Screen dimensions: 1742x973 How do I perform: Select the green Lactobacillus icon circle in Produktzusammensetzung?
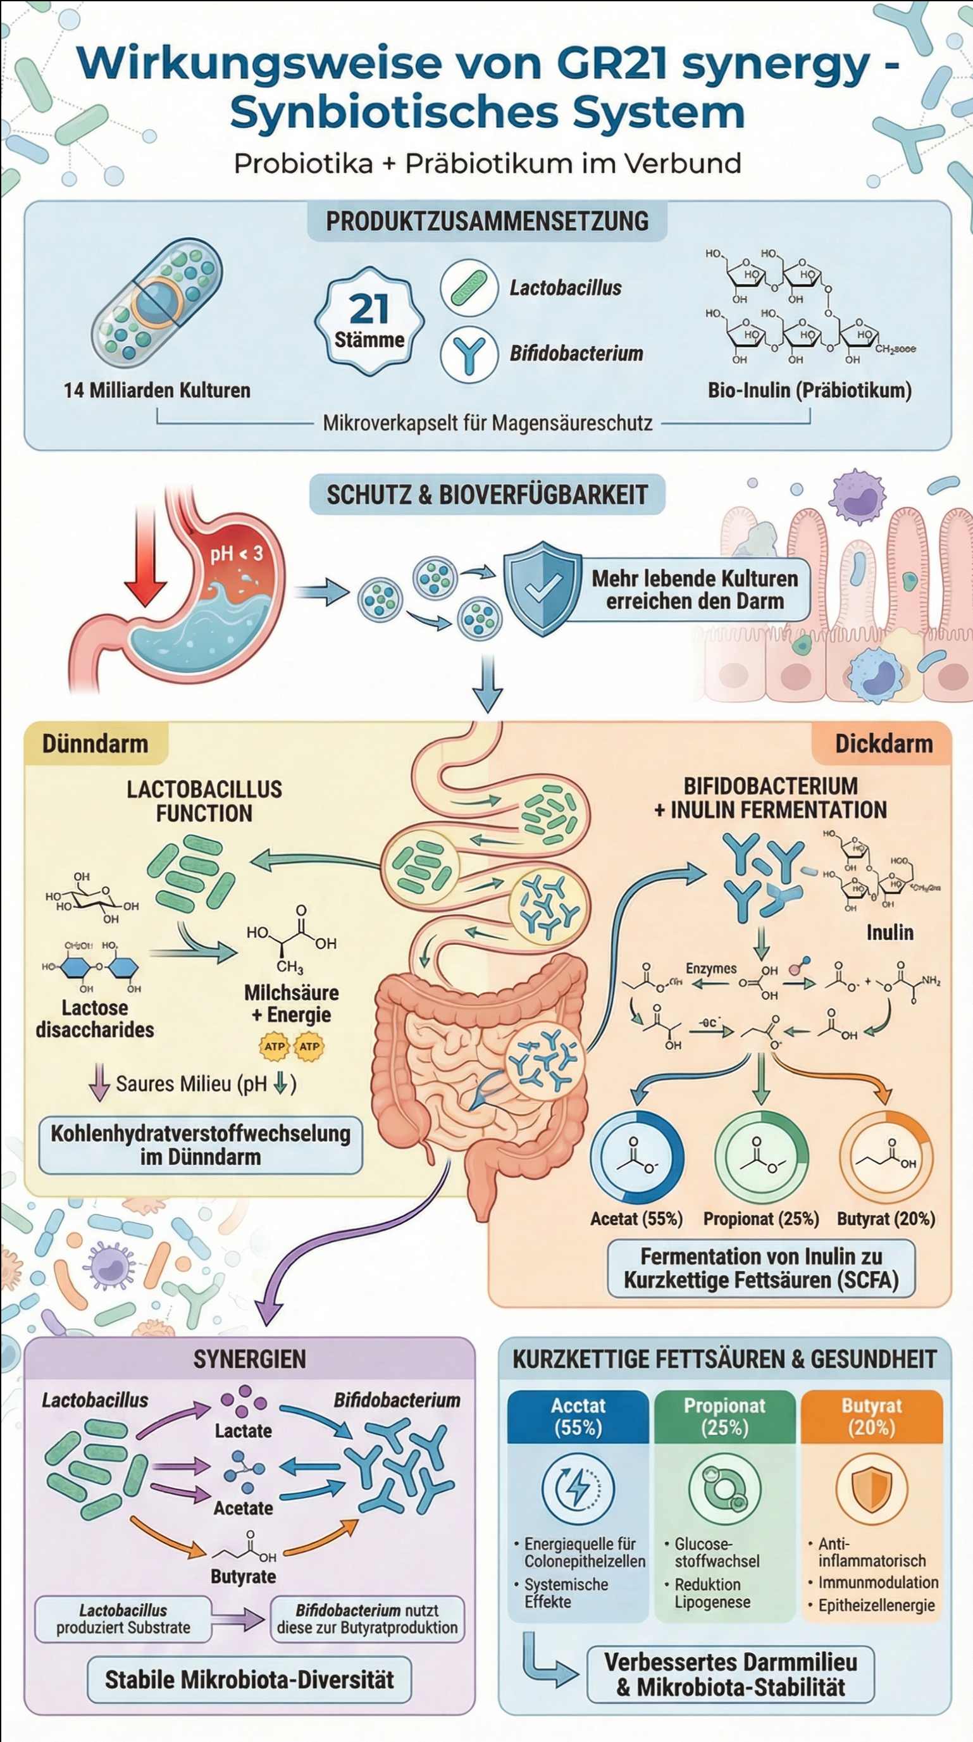pyautogui.click(x=469, y=287)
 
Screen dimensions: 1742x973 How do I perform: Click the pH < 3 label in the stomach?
pyautogui.click(x=236, y=554)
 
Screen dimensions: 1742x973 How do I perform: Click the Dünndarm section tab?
pyautogui.click(x=96, y=744)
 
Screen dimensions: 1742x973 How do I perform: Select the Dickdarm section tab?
pyautogui.click(x=883, y=744)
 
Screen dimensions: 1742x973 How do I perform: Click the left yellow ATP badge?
pyautogui.click(x=275, y=1046)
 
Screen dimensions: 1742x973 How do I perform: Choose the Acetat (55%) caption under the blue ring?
pyautogui.click(x=636, y=1219)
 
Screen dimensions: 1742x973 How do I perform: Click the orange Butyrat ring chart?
pyautogui.click(x=886, y=1158)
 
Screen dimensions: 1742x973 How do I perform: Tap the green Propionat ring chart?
pyautogui.click(x=761, y=1158)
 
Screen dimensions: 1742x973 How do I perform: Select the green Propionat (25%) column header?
pyautogui.click(x=724, y=1416)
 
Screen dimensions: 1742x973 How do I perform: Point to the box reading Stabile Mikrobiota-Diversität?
pyautogui.click(x=249, y=1679)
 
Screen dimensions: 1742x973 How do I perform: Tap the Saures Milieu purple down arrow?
pyautogui.click(x=100, y=1082)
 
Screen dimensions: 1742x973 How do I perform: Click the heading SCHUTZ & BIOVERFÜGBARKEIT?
pyautogui.click(x=487, y=494)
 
